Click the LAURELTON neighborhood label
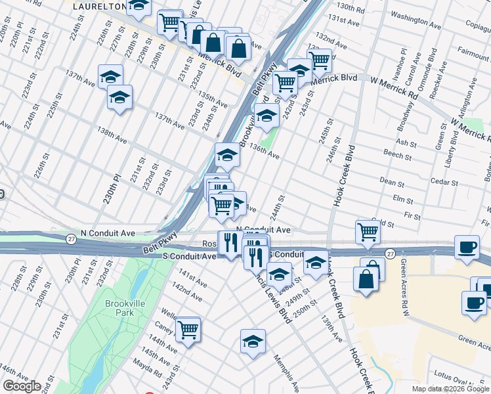coord(98,6)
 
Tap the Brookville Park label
coord(120,308)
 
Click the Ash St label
coord(406,142)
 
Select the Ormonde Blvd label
coord(428,72)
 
